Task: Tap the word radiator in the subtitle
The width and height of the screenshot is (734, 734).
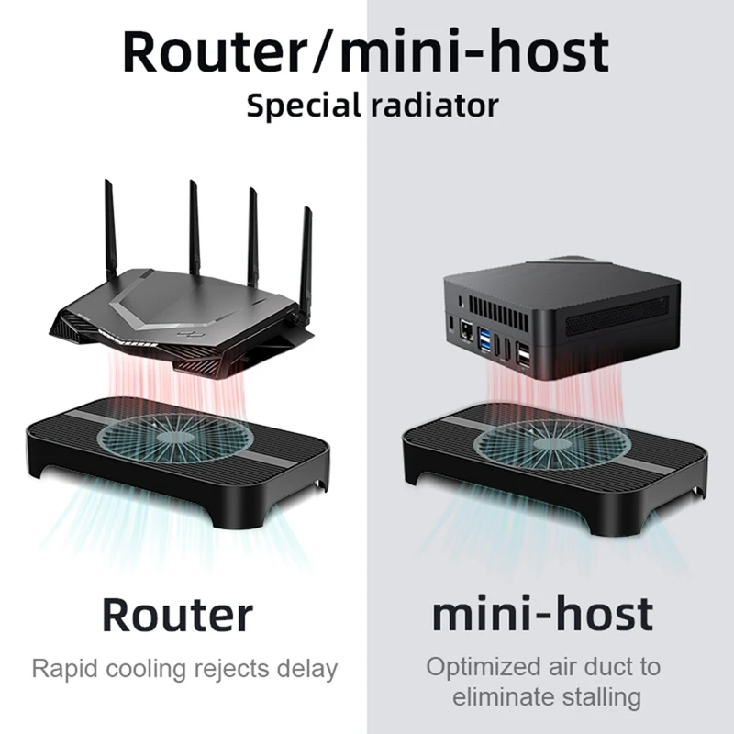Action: coord(433,104)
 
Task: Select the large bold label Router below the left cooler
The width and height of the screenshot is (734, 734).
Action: coord(176,613)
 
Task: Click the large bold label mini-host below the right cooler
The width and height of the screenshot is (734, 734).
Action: coord(542,613)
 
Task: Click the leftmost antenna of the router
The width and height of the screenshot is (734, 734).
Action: coord(109,229)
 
